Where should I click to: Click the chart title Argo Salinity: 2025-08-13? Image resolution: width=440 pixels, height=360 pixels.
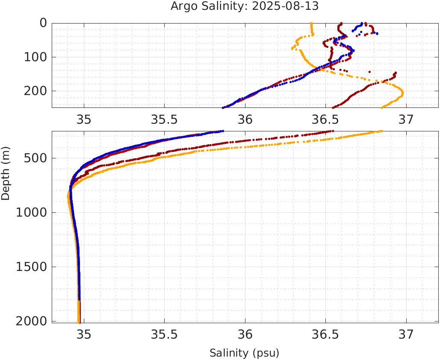click(245, 6)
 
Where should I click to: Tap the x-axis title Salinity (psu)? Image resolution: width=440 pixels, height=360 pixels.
click(244, 353)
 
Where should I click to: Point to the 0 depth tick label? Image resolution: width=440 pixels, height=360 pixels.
click(43, 23)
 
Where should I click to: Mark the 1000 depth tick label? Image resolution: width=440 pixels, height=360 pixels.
click(31, 213)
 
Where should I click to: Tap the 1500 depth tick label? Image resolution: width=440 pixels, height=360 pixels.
click(31, 267)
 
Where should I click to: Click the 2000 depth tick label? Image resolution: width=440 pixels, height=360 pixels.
click(31, 321)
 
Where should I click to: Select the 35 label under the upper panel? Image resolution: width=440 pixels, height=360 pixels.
click(84, 119)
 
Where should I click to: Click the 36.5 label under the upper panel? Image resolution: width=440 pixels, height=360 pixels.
click(325, 119)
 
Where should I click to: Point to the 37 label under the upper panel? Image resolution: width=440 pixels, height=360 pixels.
click(406, 119)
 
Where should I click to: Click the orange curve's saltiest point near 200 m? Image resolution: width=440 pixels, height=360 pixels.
click(402, 92)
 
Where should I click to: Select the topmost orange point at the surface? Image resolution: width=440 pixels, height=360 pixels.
click(311, 23)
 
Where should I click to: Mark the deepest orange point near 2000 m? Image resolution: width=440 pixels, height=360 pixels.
click(79, 322)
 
